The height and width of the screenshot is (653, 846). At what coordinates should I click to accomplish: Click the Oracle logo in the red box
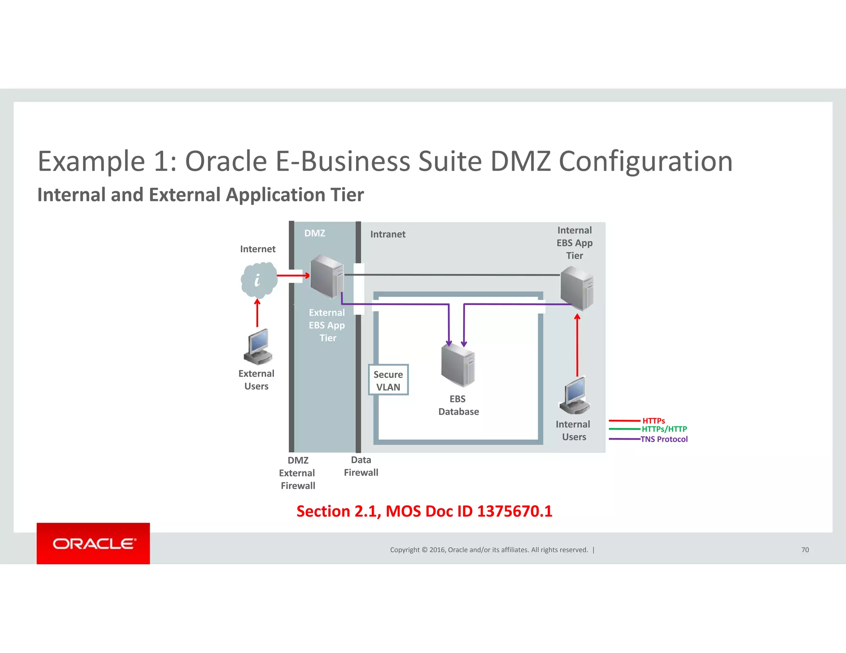coord(93,543)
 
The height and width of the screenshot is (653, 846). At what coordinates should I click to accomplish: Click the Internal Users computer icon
coord(575,396)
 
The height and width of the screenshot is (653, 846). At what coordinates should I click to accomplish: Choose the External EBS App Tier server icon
coord(327,277)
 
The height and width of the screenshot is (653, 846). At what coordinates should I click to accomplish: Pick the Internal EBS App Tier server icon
coord(577,289)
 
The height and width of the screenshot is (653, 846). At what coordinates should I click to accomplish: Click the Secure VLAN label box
coord(388,380)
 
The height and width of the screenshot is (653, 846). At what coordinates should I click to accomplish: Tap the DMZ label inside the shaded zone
coord(315,233)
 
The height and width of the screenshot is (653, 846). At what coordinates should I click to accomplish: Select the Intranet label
coord(387,234)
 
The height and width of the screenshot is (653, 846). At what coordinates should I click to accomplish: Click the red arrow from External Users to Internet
coord(257,313)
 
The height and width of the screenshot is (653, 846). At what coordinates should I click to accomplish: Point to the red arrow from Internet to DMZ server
coord(293,275)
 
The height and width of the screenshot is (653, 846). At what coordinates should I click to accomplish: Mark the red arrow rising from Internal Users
coord(577,345)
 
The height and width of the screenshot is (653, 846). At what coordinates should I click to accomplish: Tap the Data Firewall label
coord(361,466)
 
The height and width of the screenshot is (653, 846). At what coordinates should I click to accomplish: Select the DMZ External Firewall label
coord(297,473)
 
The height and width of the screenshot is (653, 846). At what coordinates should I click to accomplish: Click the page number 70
coord(805,550)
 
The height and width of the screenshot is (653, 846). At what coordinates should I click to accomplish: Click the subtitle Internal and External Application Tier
coord(201,195)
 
